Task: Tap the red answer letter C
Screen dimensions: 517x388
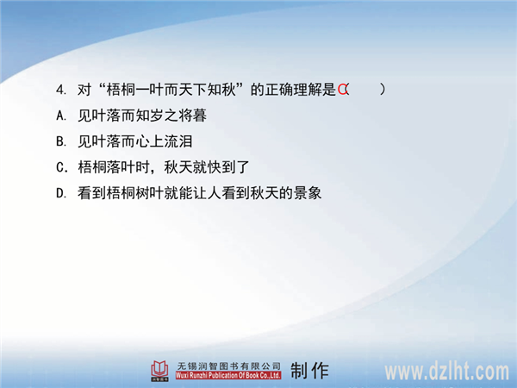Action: pyautogui.click(x=342, y=90)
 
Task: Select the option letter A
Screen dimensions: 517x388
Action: pyautogui.click(x=61, y=116)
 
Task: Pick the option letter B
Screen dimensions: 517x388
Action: pyautogui.click(x=61, y=141)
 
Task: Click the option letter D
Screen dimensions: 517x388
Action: pyautogui.click(x=61, y=193)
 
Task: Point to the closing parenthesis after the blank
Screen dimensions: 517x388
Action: pyautogui.click(x=382, y=90)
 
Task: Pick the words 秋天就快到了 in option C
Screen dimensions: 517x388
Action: pyautogui.click(x=207, y=167)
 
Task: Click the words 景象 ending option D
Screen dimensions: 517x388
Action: pyautogui.click(x=308, y=193)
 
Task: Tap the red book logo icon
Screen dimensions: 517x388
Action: pyautogui.click(x=159, y=371)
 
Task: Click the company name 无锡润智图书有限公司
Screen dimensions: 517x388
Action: pyautogui.click(x=228, y=366)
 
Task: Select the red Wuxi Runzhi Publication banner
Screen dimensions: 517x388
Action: pyautogui.click(x=228, y=375)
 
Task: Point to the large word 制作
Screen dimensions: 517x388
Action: pyautogui.click(x=309, y=371)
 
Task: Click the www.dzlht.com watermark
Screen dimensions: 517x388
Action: pyautogui.click(x=446, y=372)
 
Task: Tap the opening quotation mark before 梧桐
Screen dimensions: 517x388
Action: pyautogui.click(x=101, y=86)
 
